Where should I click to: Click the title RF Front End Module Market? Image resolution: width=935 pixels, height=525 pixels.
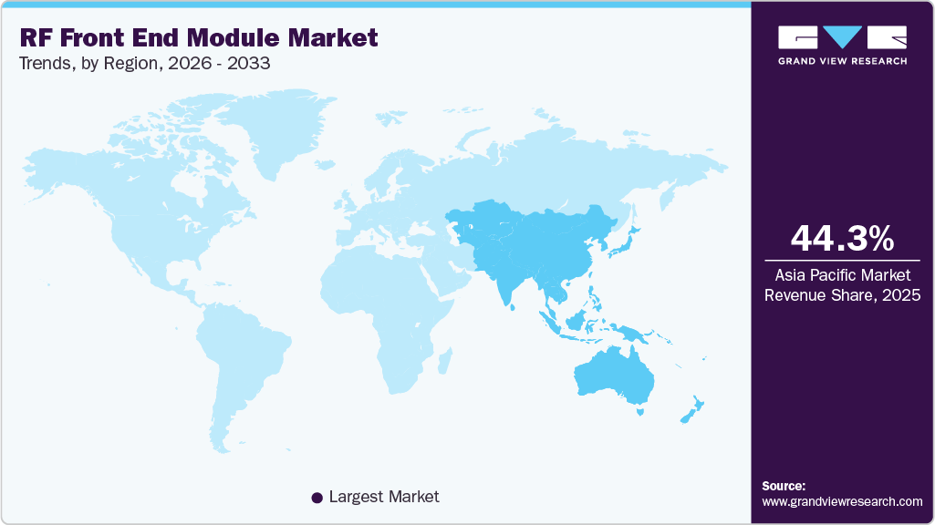[x=198, y=37]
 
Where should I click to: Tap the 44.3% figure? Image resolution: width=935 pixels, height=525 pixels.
[x=842, y=239]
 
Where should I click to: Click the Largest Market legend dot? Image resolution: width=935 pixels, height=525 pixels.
[x=317, y=498]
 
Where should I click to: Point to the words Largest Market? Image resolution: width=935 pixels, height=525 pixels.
[x=383, y=497]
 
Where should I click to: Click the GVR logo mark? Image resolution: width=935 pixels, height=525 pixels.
[x=842, y=37]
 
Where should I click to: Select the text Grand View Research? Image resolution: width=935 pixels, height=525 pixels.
[x=842, y=61]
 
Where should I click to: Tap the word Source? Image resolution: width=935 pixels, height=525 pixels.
[x=784, y=486]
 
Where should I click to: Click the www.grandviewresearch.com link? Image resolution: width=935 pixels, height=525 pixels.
[x=842, y=501]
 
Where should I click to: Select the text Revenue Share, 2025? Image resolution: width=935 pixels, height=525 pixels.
[x=842, y=294]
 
